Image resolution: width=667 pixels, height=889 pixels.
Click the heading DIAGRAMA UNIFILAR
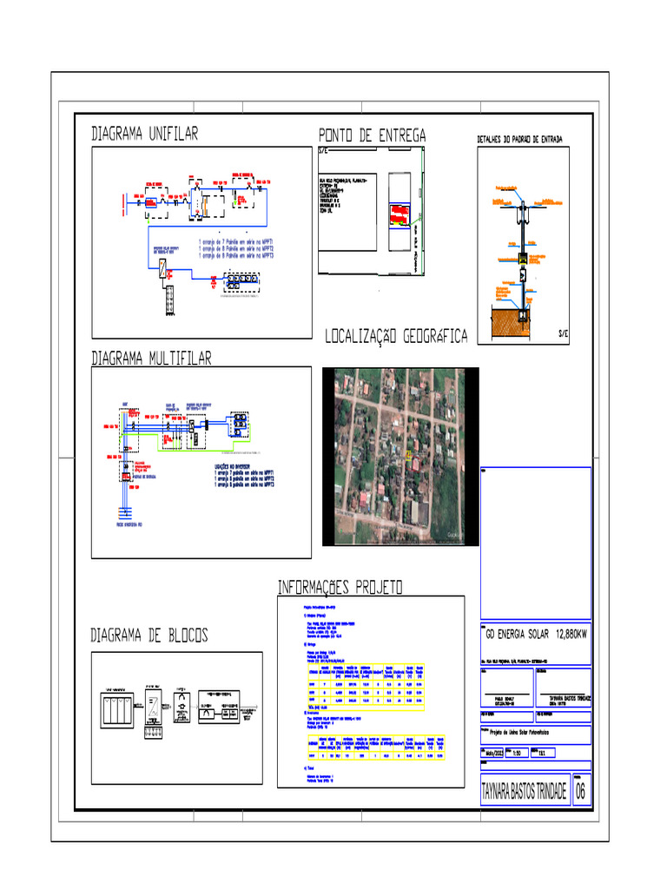pos(145,134)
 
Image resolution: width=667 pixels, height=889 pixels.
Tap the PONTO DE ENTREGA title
pos(372,135)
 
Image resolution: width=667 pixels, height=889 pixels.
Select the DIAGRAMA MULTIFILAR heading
pos(151,358)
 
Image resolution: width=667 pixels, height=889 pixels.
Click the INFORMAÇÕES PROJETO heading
pos(340,588)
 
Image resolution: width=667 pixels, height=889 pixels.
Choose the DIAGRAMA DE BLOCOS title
pos(150,636)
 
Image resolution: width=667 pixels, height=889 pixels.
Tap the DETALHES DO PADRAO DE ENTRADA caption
pos(519,140)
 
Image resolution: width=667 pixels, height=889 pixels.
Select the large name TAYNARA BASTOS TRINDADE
pos(523,792)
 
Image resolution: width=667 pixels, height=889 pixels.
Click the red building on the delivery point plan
pos(398,214)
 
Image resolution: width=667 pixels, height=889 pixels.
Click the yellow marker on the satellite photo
pos(409,453)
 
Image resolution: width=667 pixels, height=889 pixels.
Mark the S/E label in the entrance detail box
pos(563,335)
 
